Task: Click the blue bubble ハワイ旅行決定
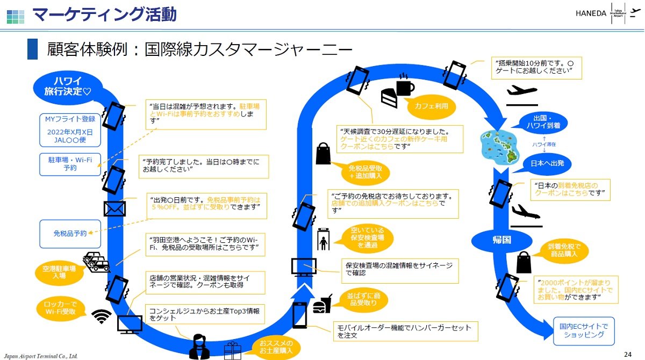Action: pos(68,87)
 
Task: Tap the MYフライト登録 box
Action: pos(70,130)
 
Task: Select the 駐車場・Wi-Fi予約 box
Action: pos(70,164)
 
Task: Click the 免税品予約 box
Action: pos(70,234)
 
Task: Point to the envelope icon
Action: pos(114,208)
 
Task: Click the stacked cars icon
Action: pos(96,262)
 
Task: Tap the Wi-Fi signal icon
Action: pos(102,316)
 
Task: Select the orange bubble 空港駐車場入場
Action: pos(60,272)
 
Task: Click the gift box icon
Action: pos(233,350)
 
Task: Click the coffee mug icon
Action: pos(405,84)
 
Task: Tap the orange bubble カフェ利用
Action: pos(431,106)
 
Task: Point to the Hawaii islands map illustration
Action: pos(499,148)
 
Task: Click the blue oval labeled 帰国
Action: pos(501,240)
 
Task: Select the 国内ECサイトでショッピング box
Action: pos(584,331)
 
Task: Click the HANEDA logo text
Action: pos(591,13)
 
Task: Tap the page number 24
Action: pos(628,354)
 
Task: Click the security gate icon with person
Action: pos(324,239)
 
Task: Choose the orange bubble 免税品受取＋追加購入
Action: pos(365,172)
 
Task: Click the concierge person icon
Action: pos(199,347)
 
